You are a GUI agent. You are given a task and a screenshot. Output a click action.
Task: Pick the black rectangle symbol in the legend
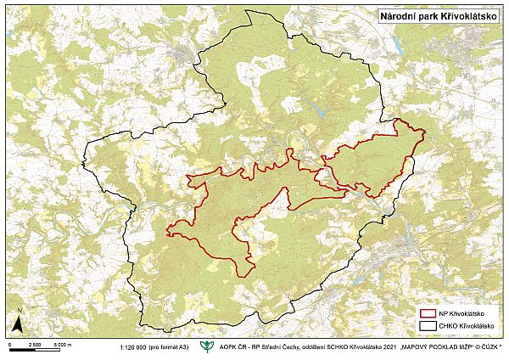(x=428, y=326)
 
